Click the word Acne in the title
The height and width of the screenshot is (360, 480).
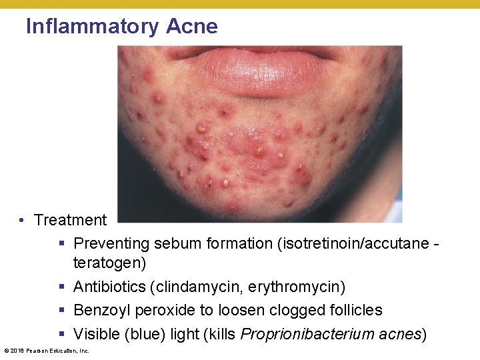pyautogui.click(x=192, y=27)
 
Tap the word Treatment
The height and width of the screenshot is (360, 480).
pyautogui.click(x=70, y=220)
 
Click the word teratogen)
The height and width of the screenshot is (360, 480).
pyautogui.click(x=109, y=263)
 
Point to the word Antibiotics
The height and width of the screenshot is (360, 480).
pyautogui.click(x=109, y=287)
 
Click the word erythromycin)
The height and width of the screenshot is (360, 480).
pyautogui.click(x=297, y=287)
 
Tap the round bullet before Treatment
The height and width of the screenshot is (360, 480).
pyautogui.click(x=23, y=221)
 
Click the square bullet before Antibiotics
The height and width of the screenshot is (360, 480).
pyautogui.click(x=62, y=287)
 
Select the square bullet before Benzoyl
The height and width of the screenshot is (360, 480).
pyautogui.click(x=62, y=311)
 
